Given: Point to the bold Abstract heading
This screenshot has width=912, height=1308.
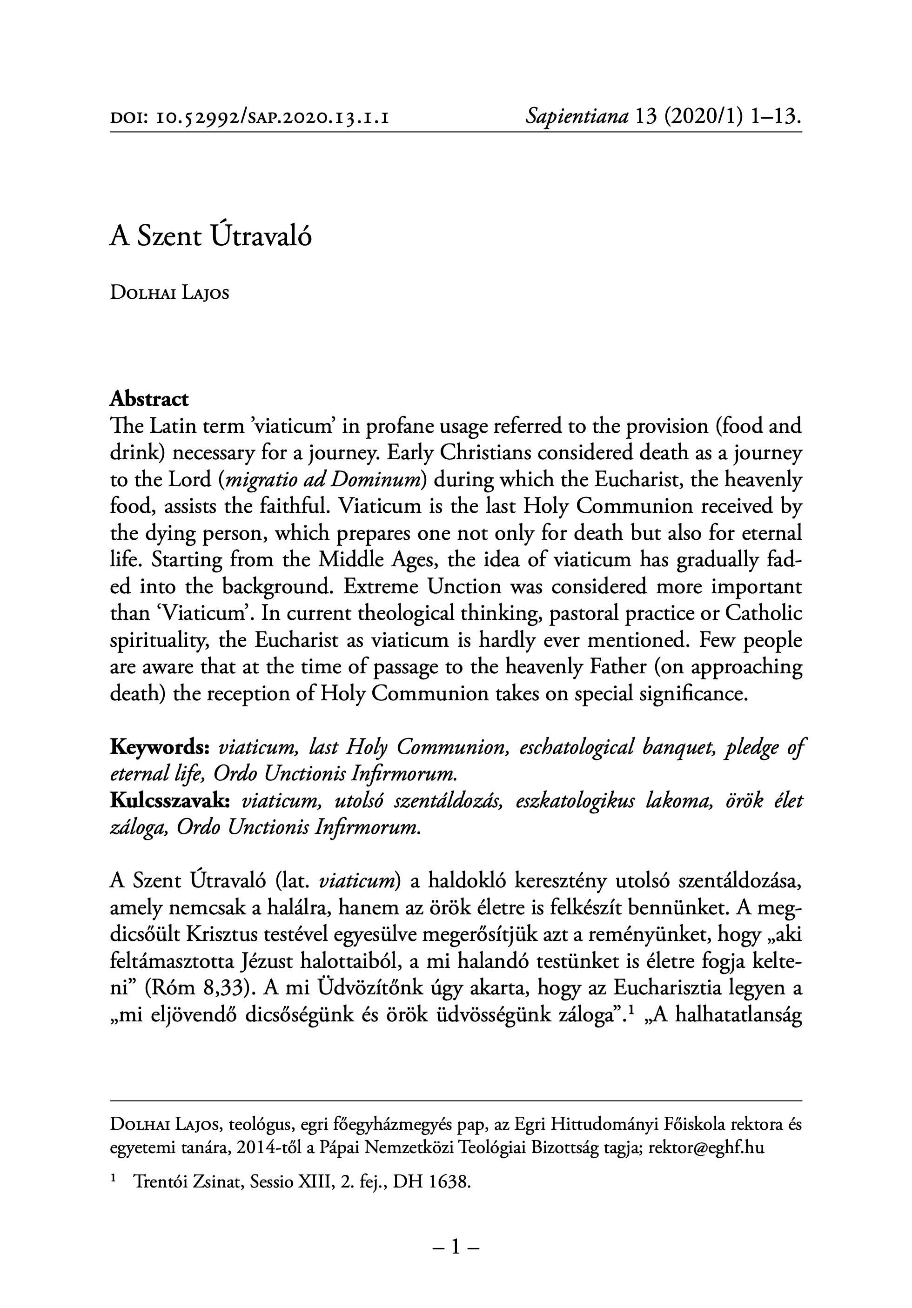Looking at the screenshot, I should [x=149, y=399].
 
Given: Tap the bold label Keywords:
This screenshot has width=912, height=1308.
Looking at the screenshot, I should [x=161, y=747].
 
